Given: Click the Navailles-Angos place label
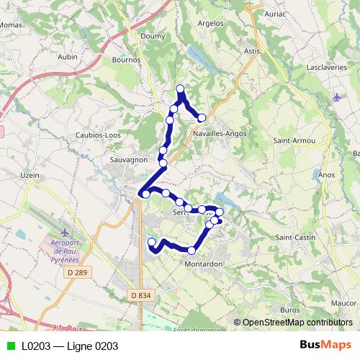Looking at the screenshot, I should click(x=220, y=133).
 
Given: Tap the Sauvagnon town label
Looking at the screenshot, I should click(x=130, y=158).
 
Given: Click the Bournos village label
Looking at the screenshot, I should click(x=127, y=60).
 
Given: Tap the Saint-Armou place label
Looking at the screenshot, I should click(x=294, y=141).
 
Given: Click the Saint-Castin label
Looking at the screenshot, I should click(x=296, y=237).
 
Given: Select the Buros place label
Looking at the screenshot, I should click(x=289, y=310).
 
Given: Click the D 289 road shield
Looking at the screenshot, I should click(x=76, y=272).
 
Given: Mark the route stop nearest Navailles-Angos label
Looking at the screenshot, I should click(x=202, y=117).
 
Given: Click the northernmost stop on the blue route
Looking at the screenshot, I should click(x=180, y=89).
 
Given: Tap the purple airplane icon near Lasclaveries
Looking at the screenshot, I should click(x=338, y=96).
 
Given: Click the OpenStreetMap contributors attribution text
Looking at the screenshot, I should click(x=297, y=323).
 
